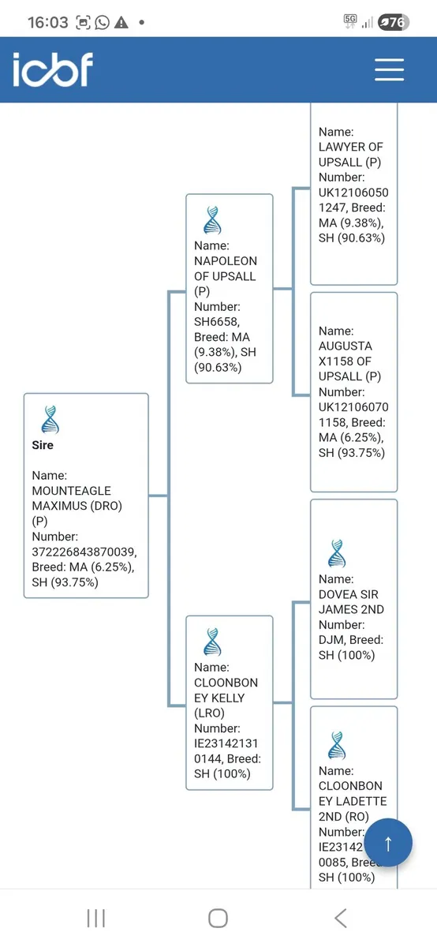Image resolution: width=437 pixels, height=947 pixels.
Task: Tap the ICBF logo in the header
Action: pyautogui.click(x=53, y=69)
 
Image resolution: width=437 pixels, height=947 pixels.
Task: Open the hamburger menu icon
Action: pyautogui.click(x=389, y=69)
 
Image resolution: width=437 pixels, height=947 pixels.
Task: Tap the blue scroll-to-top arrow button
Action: pyautogui.click(x=388, y=843)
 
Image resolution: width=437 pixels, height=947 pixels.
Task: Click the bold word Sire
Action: pyautogui.click(x=43, y=445)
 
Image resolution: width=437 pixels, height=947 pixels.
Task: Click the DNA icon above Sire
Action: pyautogui.click(x=50, y=419)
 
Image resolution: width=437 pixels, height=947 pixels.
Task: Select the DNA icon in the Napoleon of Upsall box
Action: pyautogui.click(x=212, y=220)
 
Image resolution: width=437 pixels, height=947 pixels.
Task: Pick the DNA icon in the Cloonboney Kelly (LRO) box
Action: pyautogui.click(x=212, y=642)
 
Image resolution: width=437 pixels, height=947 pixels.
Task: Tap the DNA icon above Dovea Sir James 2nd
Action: pyautogui.click(x=337, y=553)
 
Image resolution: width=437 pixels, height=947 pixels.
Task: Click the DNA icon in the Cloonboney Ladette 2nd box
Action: pyautogui.click(x=337, y=745)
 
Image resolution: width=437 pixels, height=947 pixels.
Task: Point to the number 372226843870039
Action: pyautogui.click(x=84, y=552)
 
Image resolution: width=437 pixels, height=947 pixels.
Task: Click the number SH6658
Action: pyautogui.click(x=217, y=322)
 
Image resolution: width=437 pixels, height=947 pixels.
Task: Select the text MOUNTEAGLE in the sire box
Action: pyautogui.click(x=72, y=490)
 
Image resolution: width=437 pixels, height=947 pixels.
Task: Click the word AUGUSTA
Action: pyautogui.click(x=345, y=346)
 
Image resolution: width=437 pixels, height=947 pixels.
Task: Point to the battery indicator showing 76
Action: pyautogui.click(x=394, y=22)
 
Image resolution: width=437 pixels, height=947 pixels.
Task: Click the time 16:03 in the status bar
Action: pyautogui.click(x=48, y=22)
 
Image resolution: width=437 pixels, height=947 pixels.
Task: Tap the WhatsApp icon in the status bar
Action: pyautogui.click(x=103, y=22)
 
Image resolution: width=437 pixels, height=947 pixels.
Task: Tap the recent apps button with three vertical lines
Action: pyautogui.click(x=96, y=919)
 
